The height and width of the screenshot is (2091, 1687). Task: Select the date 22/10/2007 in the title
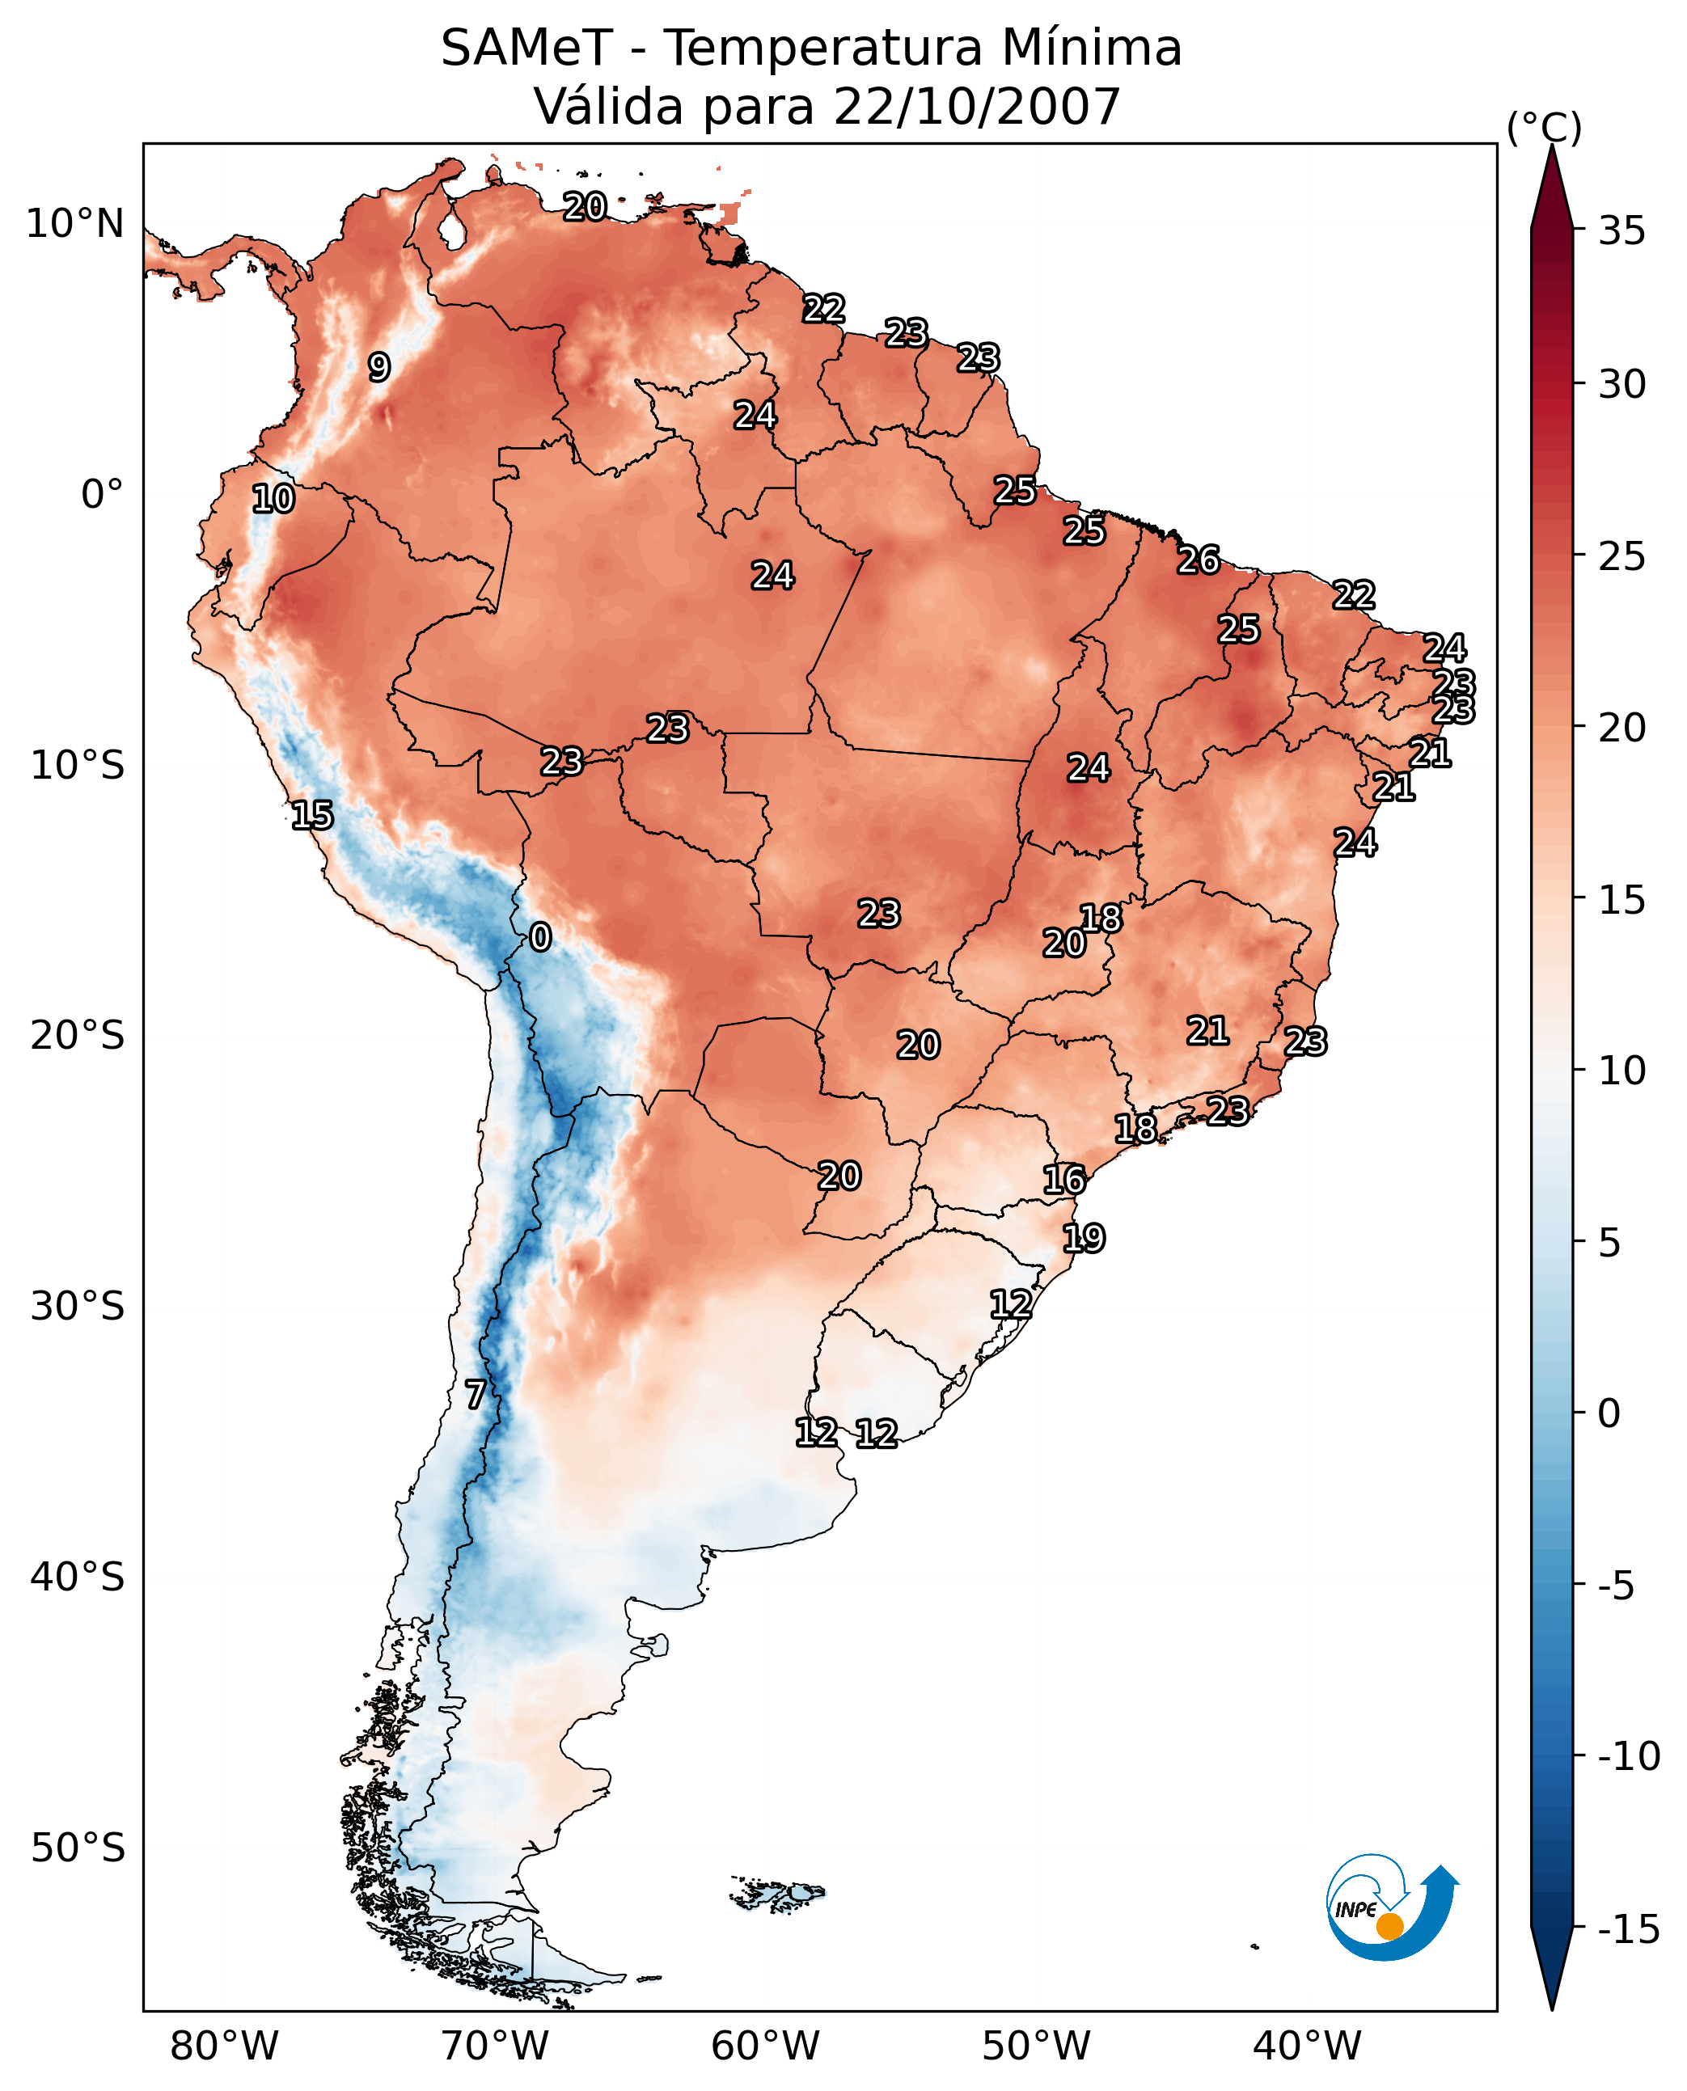(x=977, y=107)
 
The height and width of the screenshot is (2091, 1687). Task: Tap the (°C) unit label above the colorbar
(x=1543, y=127)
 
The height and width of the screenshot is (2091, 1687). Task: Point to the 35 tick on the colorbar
(x=1621, y=231)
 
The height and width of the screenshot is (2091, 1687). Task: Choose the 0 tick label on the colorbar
(x=1609, y=1413)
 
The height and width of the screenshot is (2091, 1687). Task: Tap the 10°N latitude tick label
(x=75, y=225)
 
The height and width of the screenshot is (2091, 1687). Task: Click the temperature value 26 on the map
(x=1199, y=560)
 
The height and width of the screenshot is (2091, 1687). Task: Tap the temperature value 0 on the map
(x=540, y=936)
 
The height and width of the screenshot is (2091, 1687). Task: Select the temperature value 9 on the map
(x=379, y=367)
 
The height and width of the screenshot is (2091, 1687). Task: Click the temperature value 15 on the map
(x=312, y=814)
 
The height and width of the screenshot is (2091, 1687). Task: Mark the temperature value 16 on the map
(x=1064, y=1180)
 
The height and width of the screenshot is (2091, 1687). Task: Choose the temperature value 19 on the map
(x=1084, y=1238)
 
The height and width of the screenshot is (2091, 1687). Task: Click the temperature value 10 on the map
(x=273, y=498)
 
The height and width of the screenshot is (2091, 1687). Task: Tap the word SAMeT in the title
(x=526, y=49)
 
